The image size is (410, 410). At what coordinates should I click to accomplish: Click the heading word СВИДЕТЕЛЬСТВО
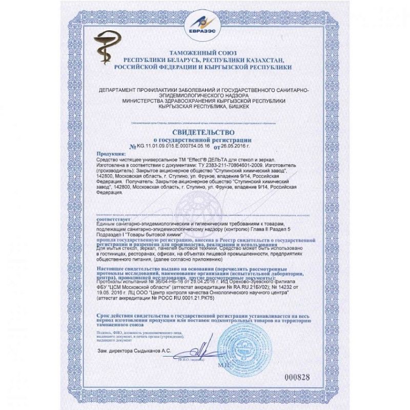point(204,133)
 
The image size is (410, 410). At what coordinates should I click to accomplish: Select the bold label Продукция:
point(111,154)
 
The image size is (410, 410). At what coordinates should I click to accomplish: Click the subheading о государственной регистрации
point(203,139)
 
